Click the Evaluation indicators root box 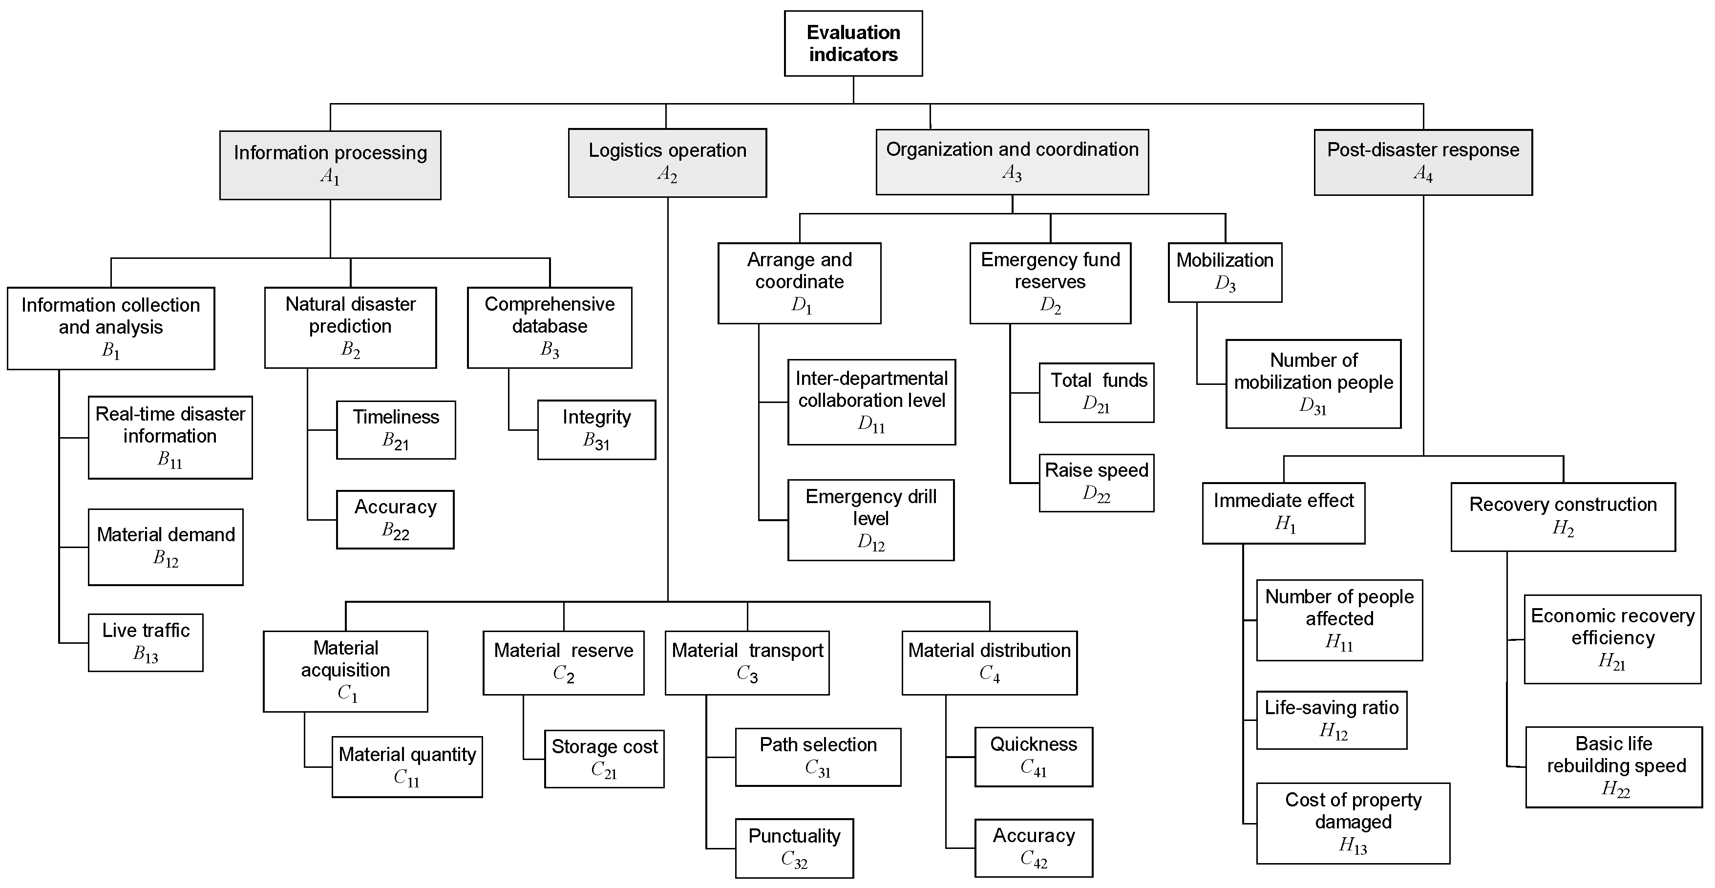click(853, 43)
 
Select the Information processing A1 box click(330, 165)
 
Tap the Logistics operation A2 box click(667, 163)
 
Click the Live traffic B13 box click(146, 642)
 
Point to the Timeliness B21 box click(396, 429)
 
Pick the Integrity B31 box click(596, 429)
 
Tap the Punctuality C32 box click(794, 848)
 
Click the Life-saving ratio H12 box click(1332, 719)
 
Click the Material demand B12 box click(166, 547)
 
